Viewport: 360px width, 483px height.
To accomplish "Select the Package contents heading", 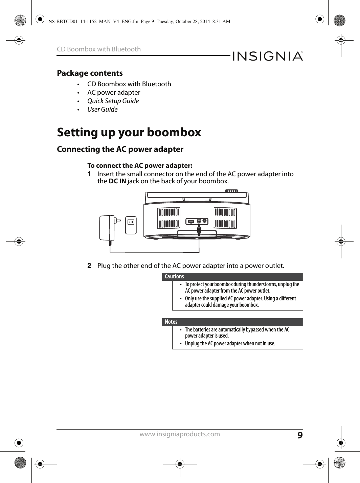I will pos(90,73).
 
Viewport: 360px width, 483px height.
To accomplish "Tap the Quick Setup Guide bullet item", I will pos(113,101).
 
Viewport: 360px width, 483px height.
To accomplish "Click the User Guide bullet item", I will pos(103,109).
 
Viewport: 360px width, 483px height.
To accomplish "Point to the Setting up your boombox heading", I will pos(129,132).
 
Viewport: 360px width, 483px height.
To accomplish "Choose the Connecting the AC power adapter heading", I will pos(120,149).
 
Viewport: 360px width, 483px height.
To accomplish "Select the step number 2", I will pos(89,266).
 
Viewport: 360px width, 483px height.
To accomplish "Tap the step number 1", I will pos(89,174).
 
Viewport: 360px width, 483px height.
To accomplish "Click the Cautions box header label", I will pos(175,277).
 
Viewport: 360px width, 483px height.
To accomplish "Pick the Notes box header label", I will pos(171,322).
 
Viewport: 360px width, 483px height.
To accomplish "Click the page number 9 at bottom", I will pos(299,434).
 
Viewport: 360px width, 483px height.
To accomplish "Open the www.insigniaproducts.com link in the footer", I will pos(185,434).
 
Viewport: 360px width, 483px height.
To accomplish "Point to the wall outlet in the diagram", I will pos(131,225).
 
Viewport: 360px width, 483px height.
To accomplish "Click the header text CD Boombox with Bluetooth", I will pos(99,49).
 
